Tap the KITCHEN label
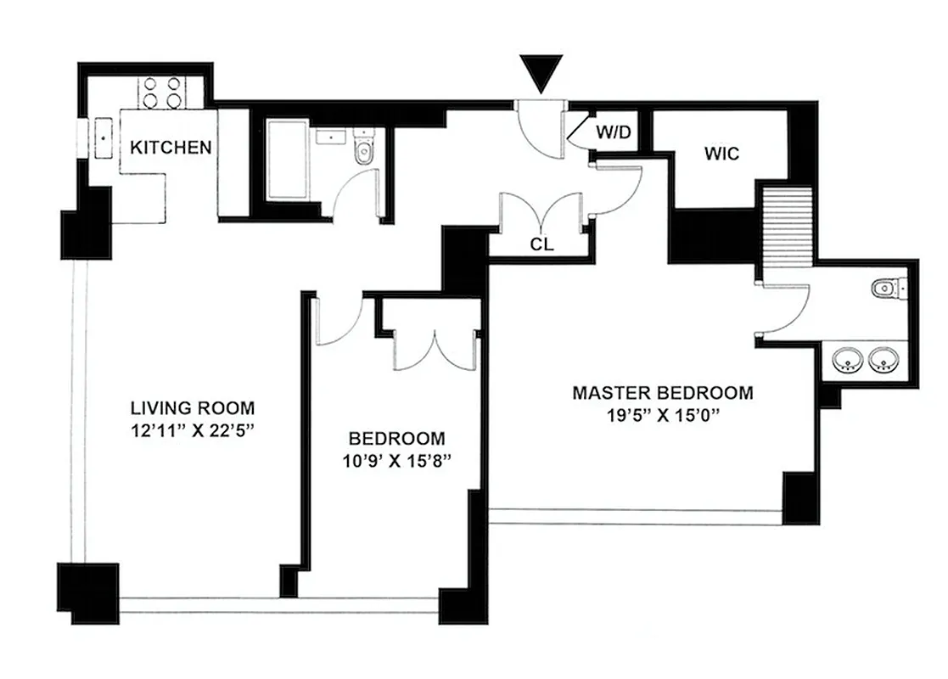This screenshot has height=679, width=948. [x=170, y=147]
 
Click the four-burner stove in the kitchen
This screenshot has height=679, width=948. [x=163, y=92]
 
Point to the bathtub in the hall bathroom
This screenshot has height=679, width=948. [x=288, y=160]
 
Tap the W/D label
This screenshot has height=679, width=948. [x=612, y=132]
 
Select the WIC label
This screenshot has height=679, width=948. [x=721, y=154]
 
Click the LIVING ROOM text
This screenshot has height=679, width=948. [x=192, y=407]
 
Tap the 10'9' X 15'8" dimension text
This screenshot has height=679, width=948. [x=397, y=463]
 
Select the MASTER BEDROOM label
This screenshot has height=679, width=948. [x=662, y=393]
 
